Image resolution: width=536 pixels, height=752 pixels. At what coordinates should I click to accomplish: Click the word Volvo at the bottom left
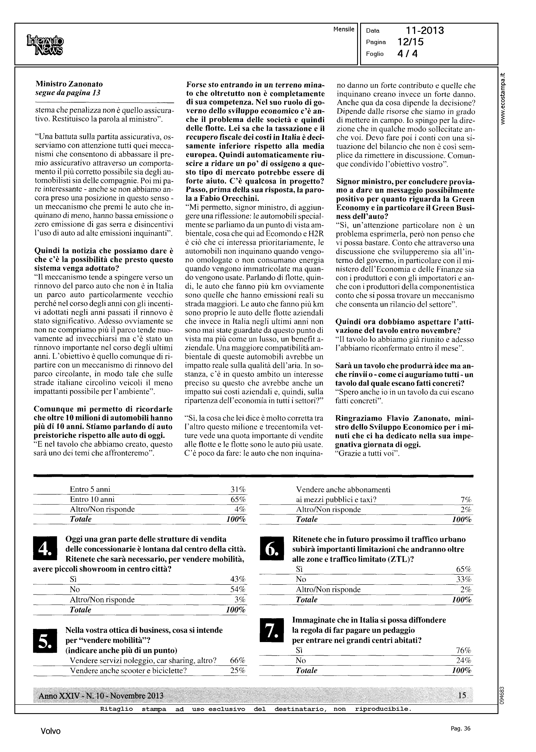(x=50, y=731)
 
